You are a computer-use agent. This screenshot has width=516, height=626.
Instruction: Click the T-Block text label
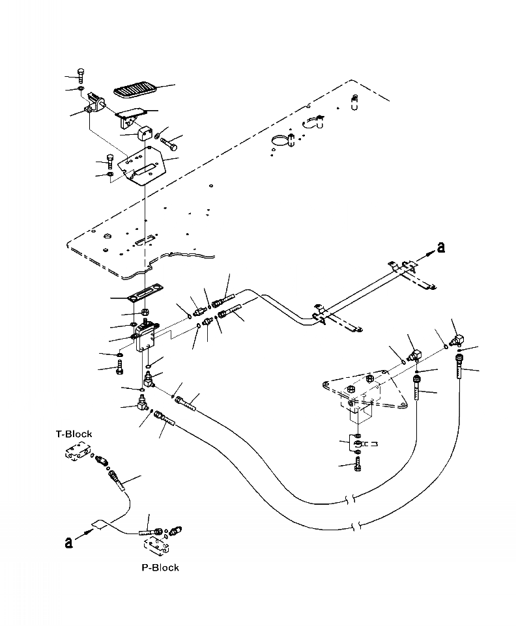[x=73, y=434]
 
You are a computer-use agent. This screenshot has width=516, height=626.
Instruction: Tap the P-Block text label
[x=160, y=567]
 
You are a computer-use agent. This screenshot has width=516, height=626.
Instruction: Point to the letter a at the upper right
[x=441, y=246]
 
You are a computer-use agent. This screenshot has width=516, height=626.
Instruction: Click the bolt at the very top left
[x=80, y=74]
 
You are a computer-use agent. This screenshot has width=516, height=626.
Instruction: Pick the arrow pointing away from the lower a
[x=85, y=532]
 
